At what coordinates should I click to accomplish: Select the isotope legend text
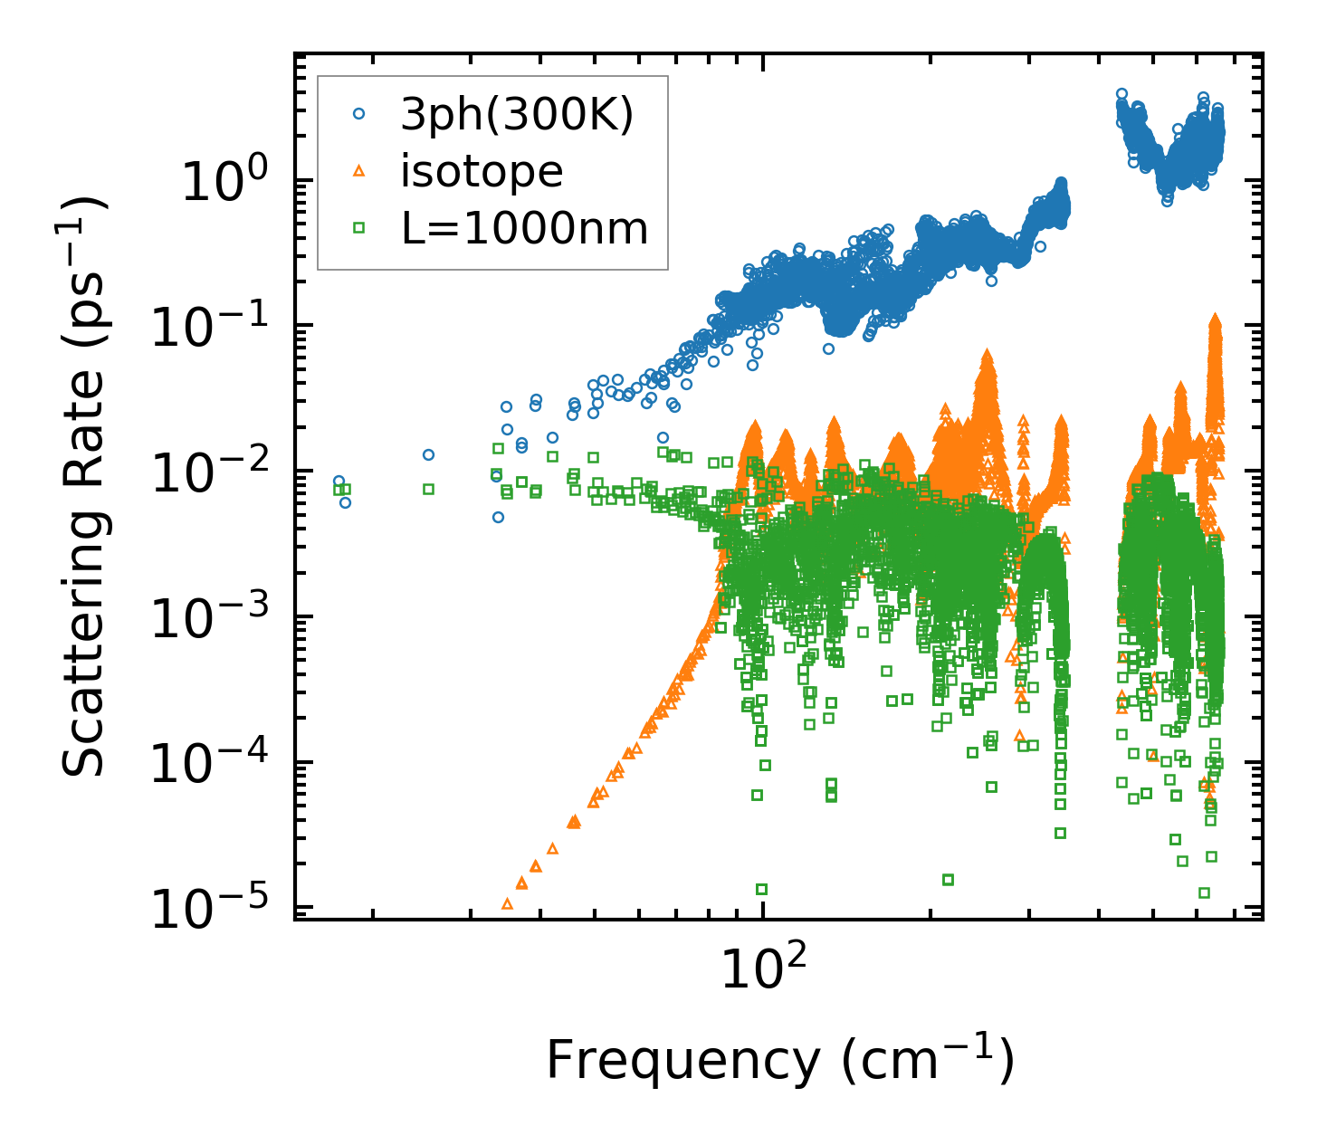(482, 171)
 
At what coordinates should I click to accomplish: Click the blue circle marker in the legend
(359, 114)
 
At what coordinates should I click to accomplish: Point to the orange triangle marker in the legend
(359, 172)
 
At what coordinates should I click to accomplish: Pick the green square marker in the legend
(359, 228)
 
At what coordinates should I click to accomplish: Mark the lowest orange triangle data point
(507, 903)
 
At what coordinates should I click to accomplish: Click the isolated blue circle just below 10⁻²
(498, 517)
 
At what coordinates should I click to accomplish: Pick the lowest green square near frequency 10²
(761, 889)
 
